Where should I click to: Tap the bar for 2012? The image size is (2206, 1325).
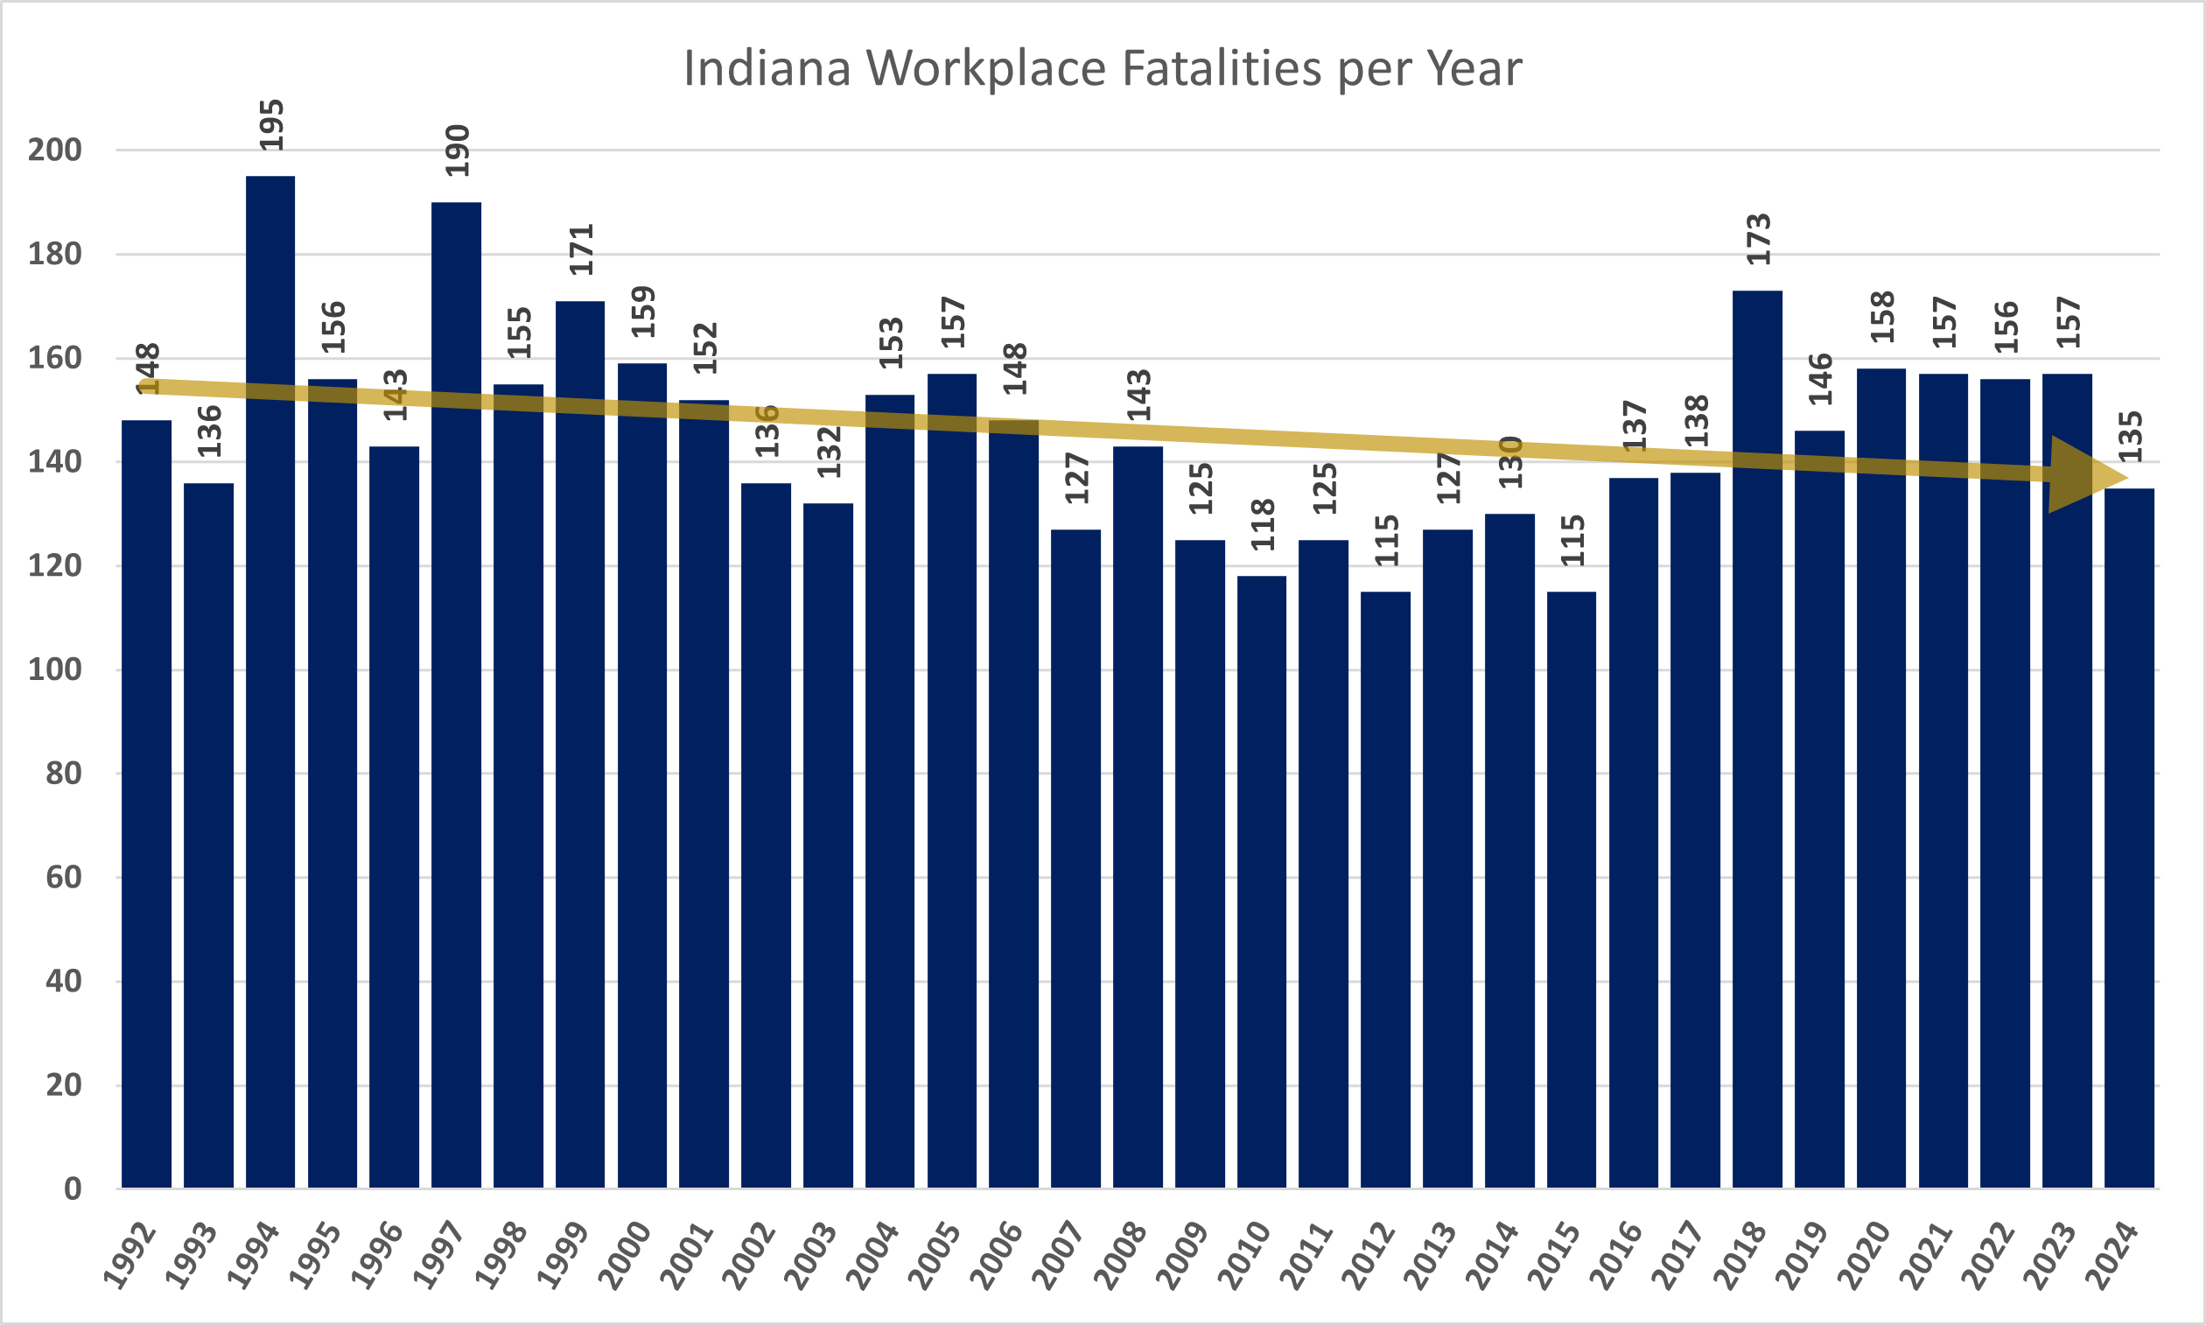coord(1385,889)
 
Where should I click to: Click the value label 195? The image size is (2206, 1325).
coord(271,125)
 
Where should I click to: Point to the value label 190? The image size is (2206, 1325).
coord(457,151)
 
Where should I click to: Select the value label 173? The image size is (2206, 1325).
coord(1758,239)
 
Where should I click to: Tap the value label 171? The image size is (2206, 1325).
coord(581,250)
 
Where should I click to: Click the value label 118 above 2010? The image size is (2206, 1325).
coord(1263,525)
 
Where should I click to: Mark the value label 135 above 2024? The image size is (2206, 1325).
coord(2130,437)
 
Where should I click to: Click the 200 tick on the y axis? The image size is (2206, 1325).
coord(54,150)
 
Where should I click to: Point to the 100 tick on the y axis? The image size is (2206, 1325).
coord(54,670)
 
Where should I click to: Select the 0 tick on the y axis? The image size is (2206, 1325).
coord(73,1188)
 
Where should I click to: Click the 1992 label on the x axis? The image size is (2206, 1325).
coord(130,1257)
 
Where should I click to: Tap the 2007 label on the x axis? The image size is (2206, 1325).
coord(1060,1257)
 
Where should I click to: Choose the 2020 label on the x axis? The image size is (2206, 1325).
coord(1865,1257)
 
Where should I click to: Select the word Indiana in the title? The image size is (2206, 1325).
coord(767,69)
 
